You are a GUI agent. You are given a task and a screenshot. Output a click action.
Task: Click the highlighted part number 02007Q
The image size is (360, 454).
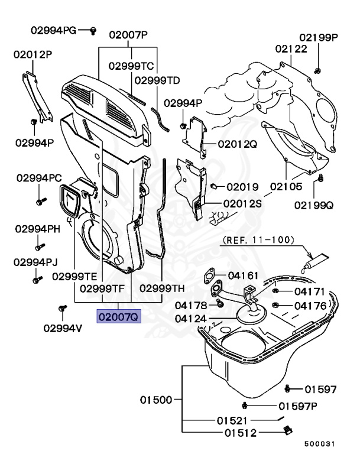[118, 317]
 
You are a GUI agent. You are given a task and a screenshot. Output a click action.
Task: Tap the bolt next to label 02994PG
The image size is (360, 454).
[93, 30]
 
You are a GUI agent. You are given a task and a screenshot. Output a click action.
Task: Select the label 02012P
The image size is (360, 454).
[33, 54]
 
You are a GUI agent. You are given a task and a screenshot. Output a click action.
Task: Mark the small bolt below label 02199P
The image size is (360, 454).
[317, 71]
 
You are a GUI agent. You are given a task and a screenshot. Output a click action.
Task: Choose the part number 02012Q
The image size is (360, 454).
[237, 144]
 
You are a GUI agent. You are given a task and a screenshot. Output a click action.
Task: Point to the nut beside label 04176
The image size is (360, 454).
[275, 305]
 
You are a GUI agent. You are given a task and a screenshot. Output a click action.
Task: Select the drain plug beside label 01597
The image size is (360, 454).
[288, 388]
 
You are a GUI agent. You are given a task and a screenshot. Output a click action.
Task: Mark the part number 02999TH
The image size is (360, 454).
[162, 288]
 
